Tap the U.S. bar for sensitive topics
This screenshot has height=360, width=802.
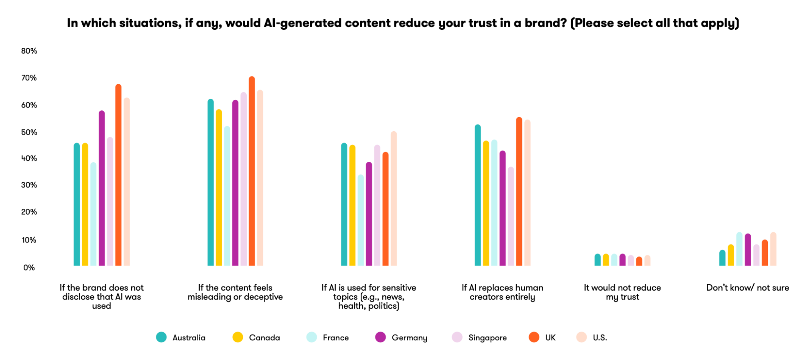click(394, 199)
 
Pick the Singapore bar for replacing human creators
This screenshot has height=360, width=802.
click(511, 216)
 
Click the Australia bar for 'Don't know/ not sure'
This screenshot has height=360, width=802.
click(722, 258)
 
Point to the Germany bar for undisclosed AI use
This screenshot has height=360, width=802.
click(102, 188)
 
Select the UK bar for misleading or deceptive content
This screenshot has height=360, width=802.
click(252, 171)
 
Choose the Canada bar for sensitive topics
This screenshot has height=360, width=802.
click(352, 205)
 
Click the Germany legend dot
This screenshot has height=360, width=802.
click(380, 337)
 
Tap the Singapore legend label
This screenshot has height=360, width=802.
click(487, 338)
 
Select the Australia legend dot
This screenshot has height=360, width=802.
click(161, 337)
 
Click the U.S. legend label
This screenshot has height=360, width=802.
click(600, 338)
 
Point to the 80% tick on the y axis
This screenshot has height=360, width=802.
click(29, 51)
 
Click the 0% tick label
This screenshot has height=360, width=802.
click(29, 268)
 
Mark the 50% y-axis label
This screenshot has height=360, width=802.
click(29, 132)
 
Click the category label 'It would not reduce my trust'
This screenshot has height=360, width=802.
click(622, 292)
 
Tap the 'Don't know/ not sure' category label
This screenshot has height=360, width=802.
click(747, 288)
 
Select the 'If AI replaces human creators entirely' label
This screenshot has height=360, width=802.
click(502, 292)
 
